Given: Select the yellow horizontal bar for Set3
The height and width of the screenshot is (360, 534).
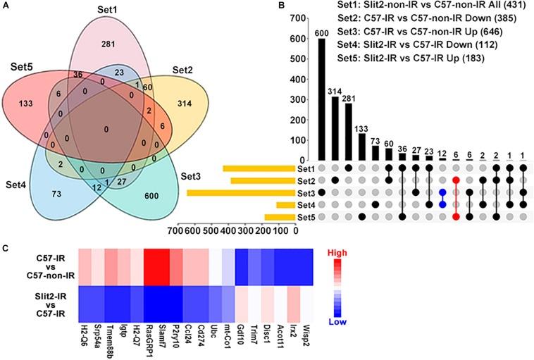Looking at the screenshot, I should pyautogui.click(x=240, y=192).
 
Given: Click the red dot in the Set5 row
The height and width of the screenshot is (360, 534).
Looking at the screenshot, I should pyautogui.click(x=456, y=216).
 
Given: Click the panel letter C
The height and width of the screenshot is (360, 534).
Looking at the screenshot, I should pyautogui.click(x=6, y=248).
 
